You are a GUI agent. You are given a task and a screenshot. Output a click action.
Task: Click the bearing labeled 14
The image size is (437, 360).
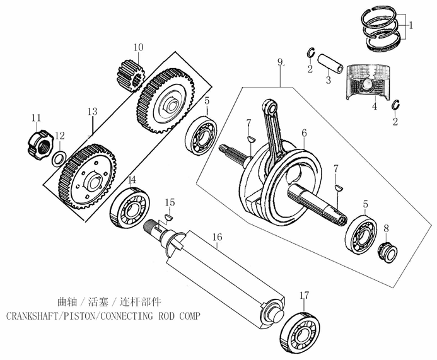[x=131, y=207]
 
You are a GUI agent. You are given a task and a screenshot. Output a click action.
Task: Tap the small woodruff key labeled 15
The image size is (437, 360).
[x=168, y=218]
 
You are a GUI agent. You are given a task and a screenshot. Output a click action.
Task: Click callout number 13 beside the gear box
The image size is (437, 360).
[x=92, y=112]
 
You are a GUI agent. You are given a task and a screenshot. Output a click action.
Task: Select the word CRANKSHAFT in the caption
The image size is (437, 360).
[x=33, y=315]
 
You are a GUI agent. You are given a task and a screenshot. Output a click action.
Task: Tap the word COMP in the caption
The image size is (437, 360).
[x=184, y=315]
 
